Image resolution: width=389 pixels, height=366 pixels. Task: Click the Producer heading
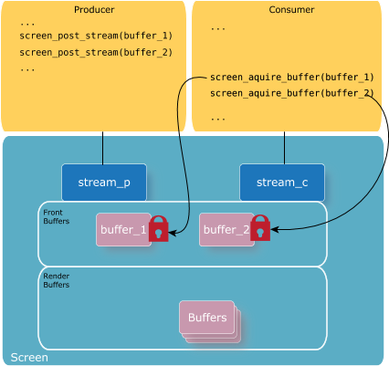(94, 10)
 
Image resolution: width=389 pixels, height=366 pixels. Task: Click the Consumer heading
(291, 10)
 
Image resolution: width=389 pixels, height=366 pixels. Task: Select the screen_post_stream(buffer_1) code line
(96, 36)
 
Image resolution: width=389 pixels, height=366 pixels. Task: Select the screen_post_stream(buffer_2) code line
(96, 53)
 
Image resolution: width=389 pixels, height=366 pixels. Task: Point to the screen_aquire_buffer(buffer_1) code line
(292, 78)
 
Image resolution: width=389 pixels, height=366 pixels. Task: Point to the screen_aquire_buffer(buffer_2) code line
(292, 93)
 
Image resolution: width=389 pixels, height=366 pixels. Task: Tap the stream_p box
(104, 183)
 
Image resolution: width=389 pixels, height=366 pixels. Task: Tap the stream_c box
(282, 183)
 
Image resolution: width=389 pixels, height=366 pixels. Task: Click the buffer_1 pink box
(123, 229)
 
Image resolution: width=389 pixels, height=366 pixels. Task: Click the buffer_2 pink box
(226, 229)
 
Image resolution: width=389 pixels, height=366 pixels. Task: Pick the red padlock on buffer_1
(159, 229)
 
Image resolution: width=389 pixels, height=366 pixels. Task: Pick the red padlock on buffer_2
(260, 228)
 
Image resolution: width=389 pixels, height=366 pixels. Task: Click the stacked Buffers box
(209, 321)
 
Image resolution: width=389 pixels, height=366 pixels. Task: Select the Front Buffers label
(57, 216)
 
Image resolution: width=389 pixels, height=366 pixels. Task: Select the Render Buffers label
(57, 280)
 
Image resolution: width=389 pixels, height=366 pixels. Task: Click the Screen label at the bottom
(29, 358)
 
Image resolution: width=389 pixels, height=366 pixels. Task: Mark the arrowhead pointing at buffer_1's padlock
(173, 234)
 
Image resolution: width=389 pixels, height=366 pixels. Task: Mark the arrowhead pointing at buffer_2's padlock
(275, 229)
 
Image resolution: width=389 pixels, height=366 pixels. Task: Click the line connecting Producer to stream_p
(103, 148)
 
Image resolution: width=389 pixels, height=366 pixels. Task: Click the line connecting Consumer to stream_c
(285, 148)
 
